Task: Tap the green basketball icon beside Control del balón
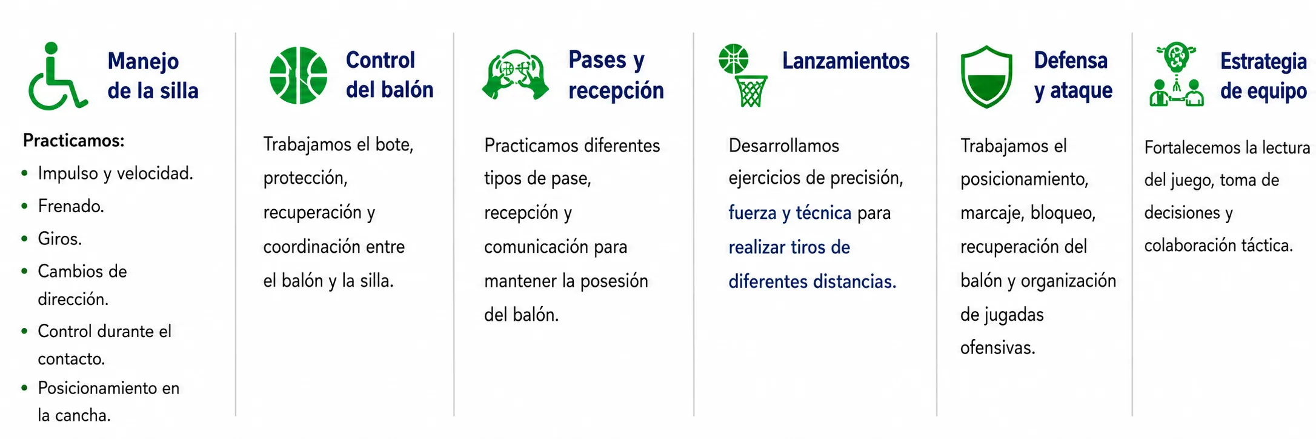[298, 75]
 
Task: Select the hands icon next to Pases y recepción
[515, 75]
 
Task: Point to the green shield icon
[986, 76]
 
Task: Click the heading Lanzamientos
[846, 61]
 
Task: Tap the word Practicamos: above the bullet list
[73, 141]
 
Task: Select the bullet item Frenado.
[71, 206]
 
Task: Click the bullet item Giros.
[59, 239]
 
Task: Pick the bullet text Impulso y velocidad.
[115, 173]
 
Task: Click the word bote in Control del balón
[394, 144]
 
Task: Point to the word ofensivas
[997, 347]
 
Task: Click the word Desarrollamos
[783, 146]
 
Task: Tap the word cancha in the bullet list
[88, 415]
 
